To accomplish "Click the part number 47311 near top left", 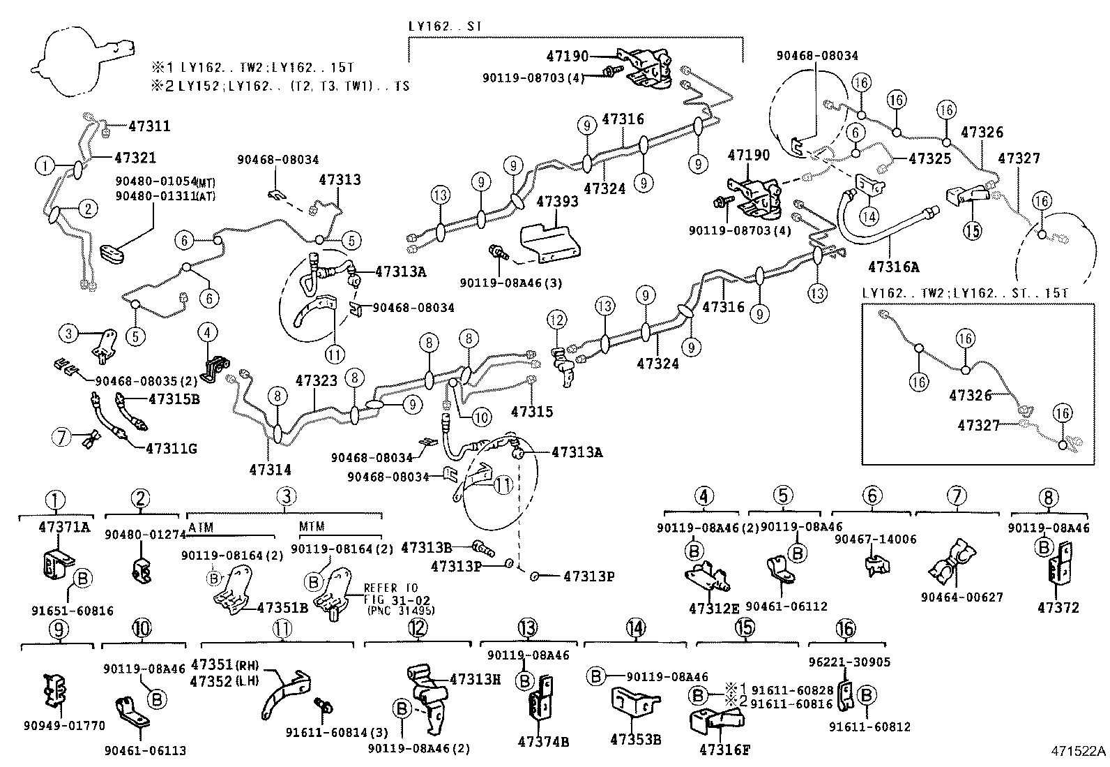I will tap(149, 126).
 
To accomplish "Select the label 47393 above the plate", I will tap(557, 202).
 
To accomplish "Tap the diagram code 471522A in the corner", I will tap(1079, 751).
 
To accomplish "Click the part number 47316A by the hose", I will tap(894, 266).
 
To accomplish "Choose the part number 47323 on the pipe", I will tap(317, 380).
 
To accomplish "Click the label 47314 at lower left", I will tap(270, 470).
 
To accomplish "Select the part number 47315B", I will tap(174, 399).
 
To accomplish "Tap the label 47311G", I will tap(171, 448).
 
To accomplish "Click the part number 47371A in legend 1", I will tap(63, 528).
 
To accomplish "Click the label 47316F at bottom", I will tap(724, 750).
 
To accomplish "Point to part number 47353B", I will tap(635, 739).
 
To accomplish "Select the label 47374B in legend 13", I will tap(543, 741).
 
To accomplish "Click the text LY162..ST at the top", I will tap(446, 27).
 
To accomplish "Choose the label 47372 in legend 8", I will tap(1058, 607).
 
